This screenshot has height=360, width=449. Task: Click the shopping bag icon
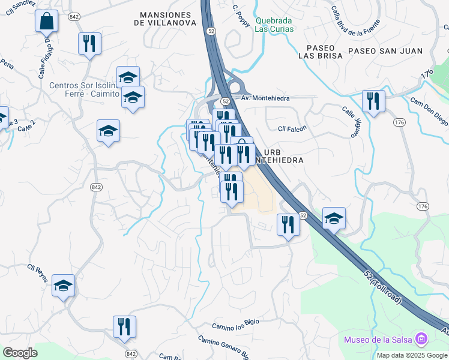click(46, 22)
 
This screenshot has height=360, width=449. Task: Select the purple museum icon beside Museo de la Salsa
click(421, 340)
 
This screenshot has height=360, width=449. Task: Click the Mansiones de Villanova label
click(165, 19)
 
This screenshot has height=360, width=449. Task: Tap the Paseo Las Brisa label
click(324, 51)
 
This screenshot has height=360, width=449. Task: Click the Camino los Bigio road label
click(235, 324)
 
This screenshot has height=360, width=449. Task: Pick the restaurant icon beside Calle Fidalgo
click(89, 43)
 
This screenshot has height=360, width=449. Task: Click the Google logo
click(20, 353)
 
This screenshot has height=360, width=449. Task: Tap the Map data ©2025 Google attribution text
click(412, 355)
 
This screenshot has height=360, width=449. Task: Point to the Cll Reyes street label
click(37, 269)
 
